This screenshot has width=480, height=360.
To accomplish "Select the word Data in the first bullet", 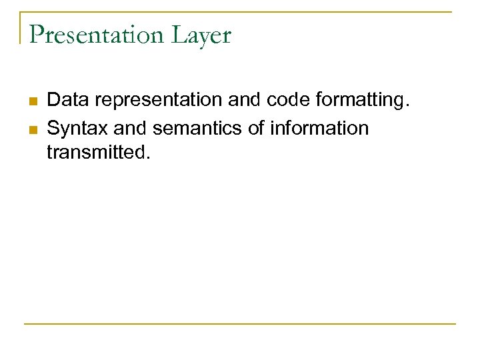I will click(67, 100).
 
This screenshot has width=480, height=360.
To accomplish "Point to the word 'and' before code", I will click(245, 100).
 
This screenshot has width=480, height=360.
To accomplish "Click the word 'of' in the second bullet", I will click(257, 127).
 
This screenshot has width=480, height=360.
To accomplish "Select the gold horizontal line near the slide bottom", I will click(240, 324).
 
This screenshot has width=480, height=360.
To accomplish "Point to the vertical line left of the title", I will click(21, 28).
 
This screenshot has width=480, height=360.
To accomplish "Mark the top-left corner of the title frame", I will click(21, 12).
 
